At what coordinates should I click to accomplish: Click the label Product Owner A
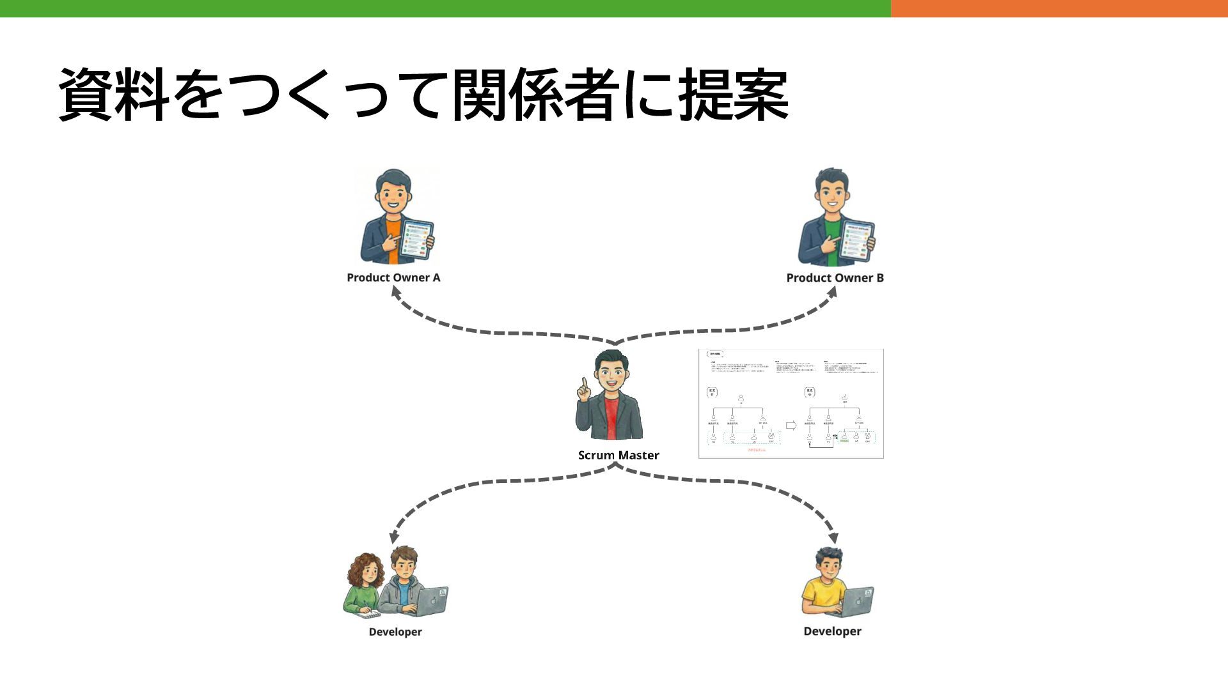coord(393,277)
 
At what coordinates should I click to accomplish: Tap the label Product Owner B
coord(835,278)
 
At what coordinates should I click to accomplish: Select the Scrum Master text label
coord(618,456)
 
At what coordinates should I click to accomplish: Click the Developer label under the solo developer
coord(832,631)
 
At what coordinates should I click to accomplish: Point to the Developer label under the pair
coord(395,632)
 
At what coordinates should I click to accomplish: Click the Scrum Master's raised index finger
coord(583,383)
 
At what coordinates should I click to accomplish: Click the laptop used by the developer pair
coord(430,601)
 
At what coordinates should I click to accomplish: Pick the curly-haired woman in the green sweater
coord(363,585)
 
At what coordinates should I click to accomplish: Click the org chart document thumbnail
coord(791,404)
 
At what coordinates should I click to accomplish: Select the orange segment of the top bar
coord(1059,8)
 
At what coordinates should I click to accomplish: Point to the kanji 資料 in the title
coord(114,95)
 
